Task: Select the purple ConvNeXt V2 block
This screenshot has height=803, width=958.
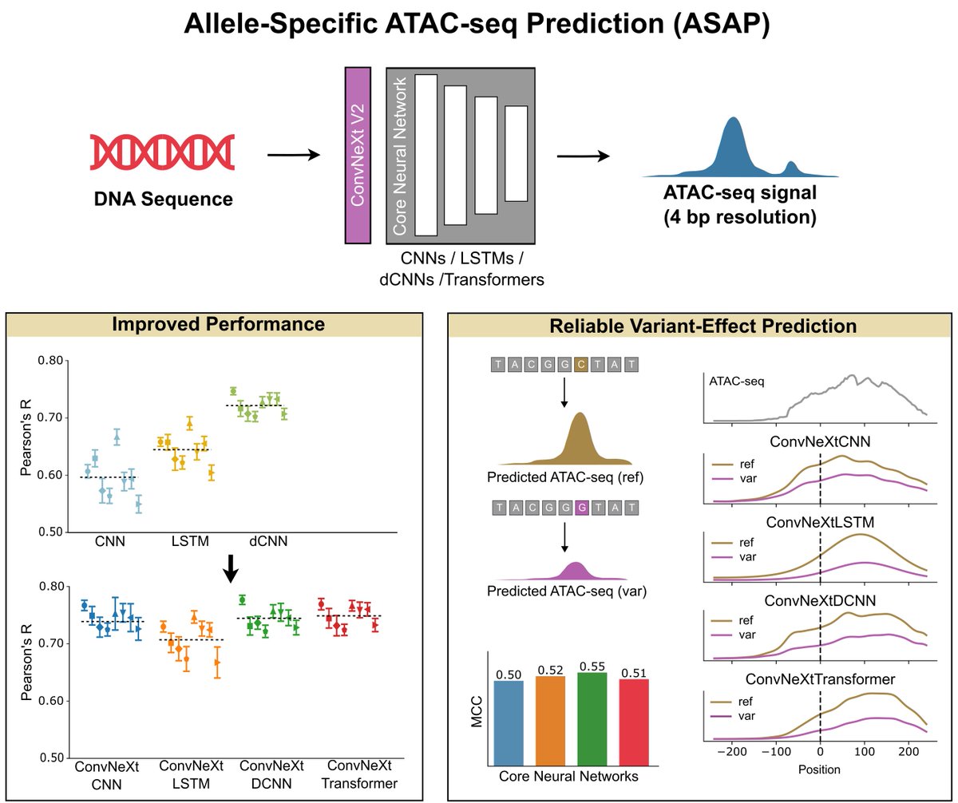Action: coord(357,155)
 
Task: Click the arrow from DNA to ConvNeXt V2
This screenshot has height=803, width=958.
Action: coord(293,154)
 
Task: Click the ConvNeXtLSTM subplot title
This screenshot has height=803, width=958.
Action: coord(819,522)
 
